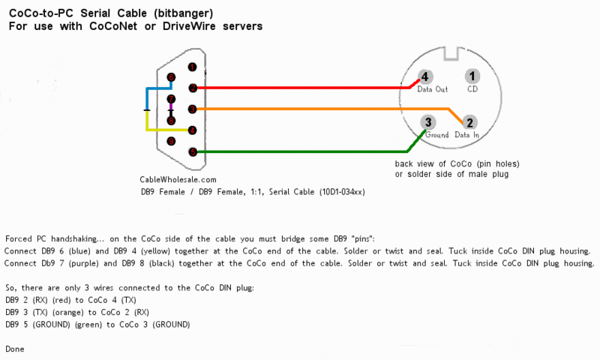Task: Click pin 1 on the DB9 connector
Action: tap(193, 67)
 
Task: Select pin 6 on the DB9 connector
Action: tap(171, 77)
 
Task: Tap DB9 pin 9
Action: tap(171, 141)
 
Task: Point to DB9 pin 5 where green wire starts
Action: tap(193, 152)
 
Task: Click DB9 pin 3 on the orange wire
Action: tap(193, 109)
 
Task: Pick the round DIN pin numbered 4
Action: tap(424, 76)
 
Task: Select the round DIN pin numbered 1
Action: tap(472, 76)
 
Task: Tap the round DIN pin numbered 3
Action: tap(427, 122)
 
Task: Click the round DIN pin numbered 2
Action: tap(469, 122)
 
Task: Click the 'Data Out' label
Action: tap(432, 89)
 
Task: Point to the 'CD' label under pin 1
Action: tap(472, 89)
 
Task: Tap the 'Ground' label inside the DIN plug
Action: tap(436, 136)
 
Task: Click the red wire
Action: tap(300, 88)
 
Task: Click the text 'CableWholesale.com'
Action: tap(178, 179)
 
